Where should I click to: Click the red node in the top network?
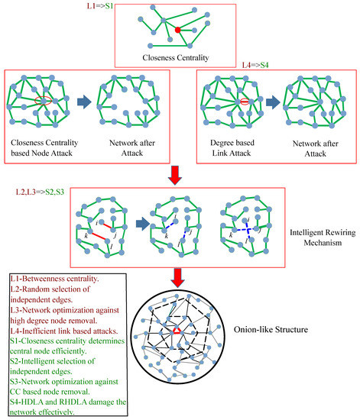pyautogui.click(x=178, y=31)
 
